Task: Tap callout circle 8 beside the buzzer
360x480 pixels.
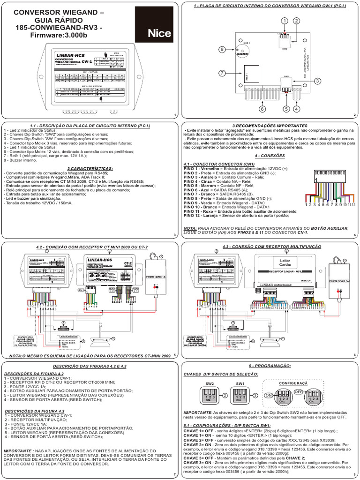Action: (222, 49)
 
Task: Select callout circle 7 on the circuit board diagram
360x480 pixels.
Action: (222, 73)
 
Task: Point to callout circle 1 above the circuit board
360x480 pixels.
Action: (284, 21)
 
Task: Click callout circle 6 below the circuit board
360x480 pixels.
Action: (262, 109)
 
